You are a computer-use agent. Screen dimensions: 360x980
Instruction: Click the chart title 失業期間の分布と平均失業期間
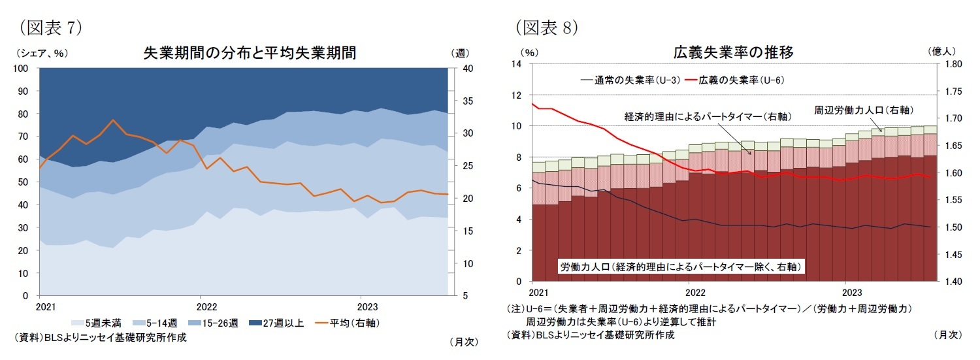[x=250, y=53]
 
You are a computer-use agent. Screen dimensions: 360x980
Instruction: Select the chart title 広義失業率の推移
[x=733, y=53]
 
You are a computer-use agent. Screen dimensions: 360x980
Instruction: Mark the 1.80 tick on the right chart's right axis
[x=955, y=64]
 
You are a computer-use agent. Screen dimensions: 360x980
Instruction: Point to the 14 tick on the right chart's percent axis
[x=517, y=64]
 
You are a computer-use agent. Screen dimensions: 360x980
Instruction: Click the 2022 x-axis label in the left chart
[x=206, y=306]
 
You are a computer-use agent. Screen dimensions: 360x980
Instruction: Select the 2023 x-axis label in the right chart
[x=851, y=291]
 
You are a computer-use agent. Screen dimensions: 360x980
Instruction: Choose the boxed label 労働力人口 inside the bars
[x=681, y=267]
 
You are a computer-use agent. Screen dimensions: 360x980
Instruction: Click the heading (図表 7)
[x=50, y=27]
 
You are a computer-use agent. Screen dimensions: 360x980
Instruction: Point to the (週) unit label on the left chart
[x=459, y=53]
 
